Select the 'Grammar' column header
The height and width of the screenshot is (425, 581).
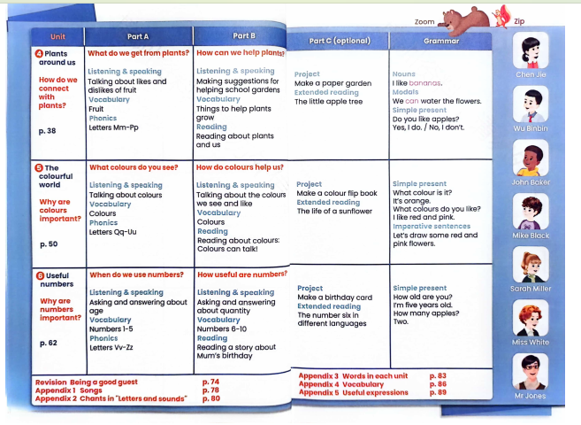point(441,41)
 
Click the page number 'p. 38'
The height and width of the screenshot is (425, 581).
point(47,130)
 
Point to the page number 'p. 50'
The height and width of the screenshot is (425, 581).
point(49,243)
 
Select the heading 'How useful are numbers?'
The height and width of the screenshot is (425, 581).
point(242,274)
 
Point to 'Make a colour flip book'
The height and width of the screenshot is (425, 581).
point(337,193)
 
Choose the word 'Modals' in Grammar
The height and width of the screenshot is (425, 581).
point(406,92)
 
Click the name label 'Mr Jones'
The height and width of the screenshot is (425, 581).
point(531,396)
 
